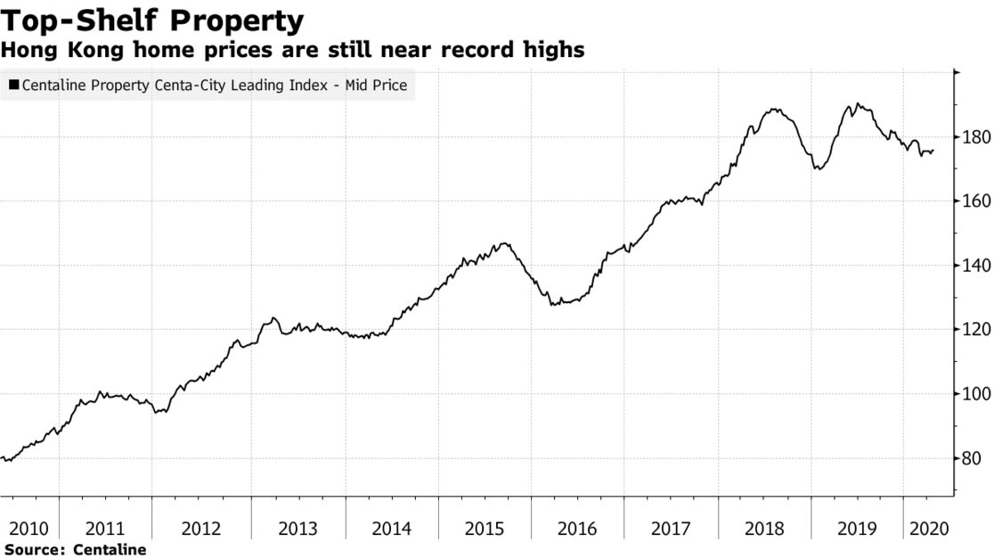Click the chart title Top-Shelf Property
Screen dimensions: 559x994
[x=152, y=20]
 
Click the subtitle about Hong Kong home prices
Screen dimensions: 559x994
[x=293, y=50]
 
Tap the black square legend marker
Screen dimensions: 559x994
[x=13, y=86]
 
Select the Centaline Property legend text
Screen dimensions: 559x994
[x=214, y=86]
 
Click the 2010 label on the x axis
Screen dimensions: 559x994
[x=29, y=529]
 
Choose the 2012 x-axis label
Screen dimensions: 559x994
[x=201, y=529]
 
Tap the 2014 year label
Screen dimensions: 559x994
[x=392, y=529]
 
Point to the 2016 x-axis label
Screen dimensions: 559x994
[x=577, y=529]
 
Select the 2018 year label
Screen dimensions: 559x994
[x=764, y=529]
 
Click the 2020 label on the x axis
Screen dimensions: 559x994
[x=926, y=529]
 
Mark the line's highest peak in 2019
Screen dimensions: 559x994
[x=857, y=103]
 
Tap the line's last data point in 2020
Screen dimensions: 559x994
[x=933, y=151]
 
